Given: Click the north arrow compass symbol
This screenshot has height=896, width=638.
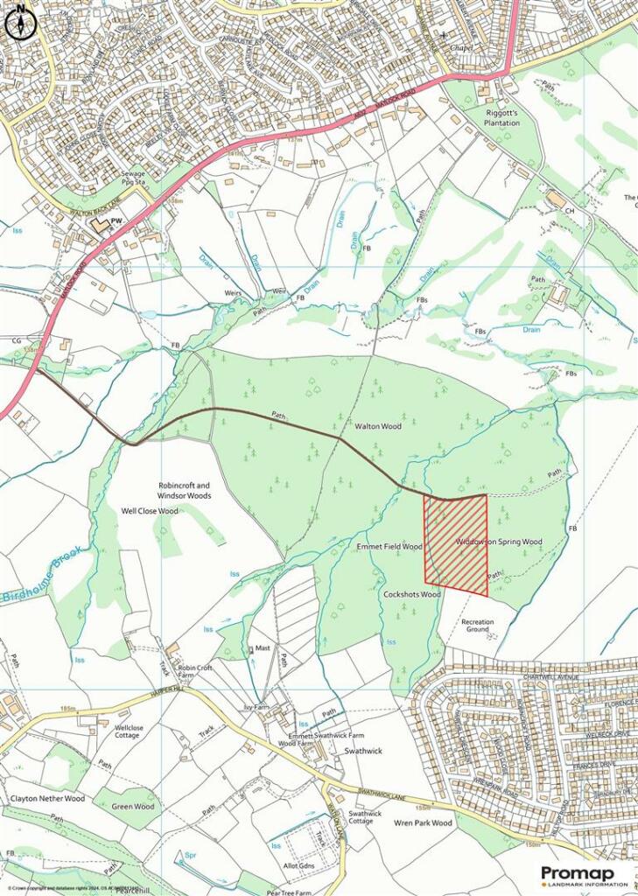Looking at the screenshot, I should (18, 24).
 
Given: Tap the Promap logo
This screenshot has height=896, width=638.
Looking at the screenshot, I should (584, 875).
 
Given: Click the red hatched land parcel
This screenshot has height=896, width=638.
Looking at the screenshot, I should (456, 545).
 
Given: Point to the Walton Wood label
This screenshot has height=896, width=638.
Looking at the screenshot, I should (377, 427).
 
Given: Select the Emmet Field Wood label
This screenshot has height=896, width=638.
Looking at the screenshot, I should (389, 547).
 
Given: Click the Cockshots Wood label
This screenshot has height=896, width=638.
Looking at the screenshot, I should (411, 594).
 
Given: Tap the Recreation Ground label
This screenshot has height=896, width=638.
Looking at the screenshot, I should (478, 626).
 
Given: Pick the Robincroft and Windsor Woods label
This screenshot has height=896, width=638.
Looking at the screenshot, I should (185, 490).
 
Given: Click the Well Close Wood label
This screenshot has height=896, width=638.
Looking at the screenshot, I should (149, 511).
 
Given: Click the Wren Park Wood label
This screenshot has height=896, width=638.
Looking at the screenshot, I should (423, 823).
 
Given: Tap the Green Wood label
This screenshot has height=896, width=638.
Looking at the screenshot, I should (132, 807).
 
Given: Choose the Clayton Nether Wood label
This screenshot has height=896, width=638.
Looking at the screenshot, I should (47, 798).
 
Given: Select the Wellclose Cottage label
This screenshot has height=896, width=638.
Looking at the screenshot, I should (128, 731).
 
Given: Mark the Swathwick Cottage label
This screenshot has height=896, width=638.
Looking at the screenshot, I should (365, 817).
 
